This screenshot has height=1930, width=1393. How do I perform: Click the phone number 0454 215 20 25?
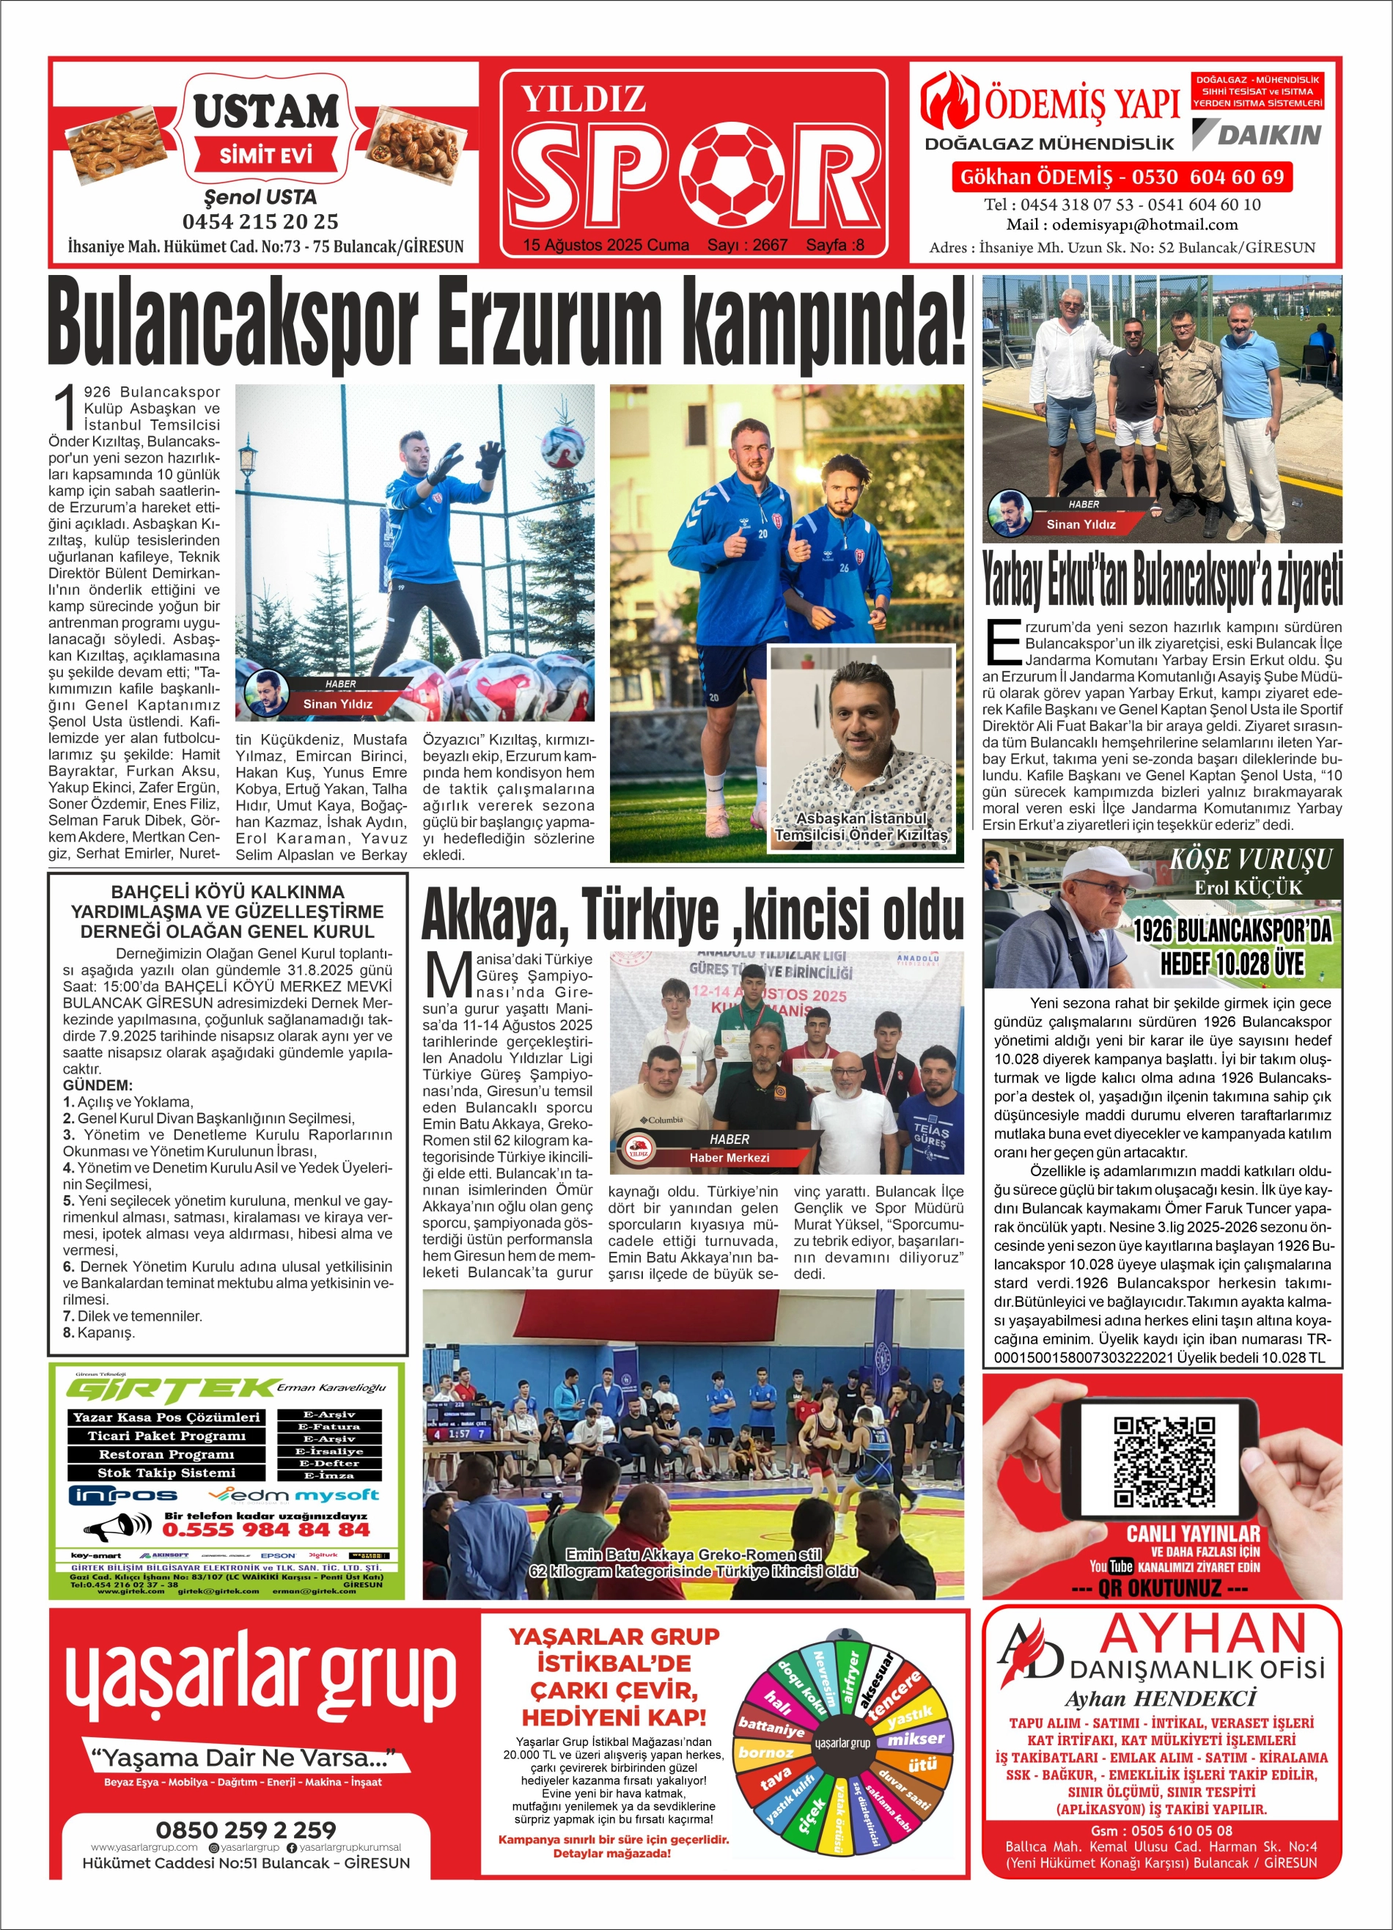(x=260, y=222)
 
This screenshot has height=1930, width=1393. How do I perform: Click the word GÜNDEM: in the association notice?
(x=98, y=1086)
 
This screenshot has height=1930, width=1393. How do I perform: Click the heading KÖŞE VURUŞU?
(x=1250, y=859)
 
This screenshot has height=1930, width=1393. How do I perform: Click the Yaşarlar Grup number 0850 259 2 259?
(x=246, y=1829)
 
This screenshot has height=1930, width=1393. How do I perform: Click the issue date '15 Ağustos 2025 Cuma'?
(x=606, y=245)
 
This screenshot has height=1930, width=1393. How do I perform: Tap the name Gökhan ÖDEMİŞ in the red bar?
(x=1036, y=177)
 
